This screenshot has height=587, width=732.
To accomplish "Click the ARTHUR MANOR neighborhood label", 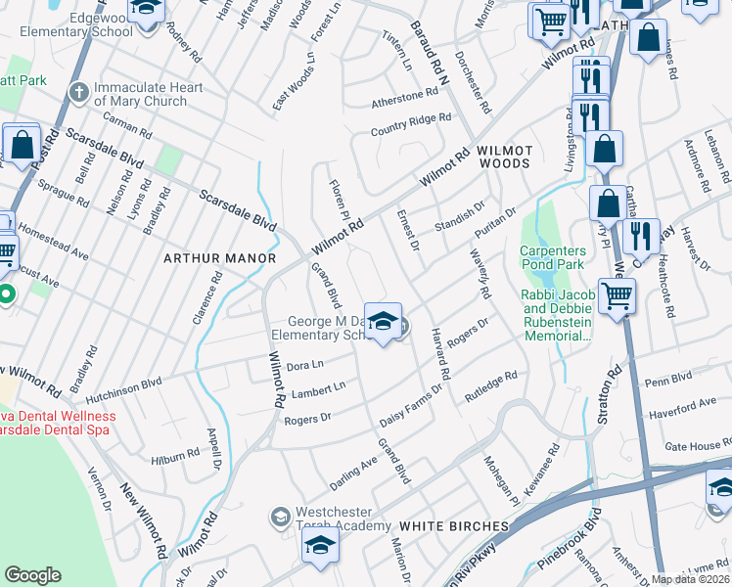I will tap(219, 258).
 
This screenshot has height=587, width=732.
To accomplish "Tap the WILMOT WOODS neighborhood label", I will tap(505, 158).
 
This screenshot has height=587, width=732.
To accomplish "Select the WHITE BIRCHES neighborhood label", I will tap(454, 526).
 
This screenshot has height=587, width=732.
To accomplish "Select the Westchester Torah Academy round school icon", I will tap(281, 516).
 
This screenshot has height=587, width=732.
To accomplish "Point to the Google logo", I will tap(32, 575).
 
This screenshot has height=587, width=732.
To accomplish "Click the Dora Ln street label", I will tap(304, 366).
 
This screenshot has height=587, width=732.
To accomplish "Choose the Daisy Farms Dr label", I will tap(411, 404).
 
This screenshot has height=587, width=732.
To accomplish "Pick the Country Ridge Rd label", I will tap(410, 124).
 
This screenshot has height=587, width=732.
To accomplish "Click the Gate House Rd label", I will tap(698, 446).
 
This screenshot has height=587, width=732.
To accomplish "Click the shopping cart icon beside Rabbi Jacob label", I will tap(617, 295).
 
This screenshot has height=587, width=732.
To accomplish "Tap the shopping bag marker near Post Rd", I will tap(22, 146).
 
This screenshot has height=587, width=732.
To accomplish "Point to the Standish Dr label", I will tap(460, 215).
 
